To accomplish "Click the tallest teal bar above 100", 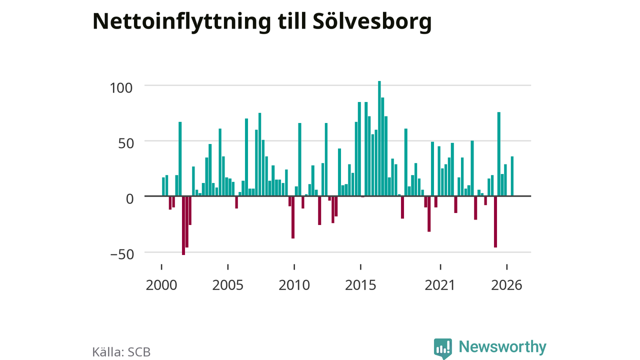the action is pyautogui.click(x=379, y=138).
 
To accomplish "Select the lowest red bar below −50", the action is pyautogui.click(x=183, y=225).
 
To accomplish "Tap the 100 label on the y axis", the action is pyautogui.click(x=121, y=88).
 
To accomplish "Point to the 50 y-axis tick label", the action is pyautogui.click(x=125, y=143).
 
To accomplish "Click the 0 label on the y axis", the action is pyautogui.click(x=129, y=199).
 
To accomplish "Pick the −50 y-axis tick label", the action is pyautogui.click(x=122, y=254).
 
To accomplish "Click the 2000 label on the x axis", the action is pyautogui.click(x=161, y=285).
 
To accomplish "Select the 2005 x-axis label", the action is pyautogui.click(x=227, y=285).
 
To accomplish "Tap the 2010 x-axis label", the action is pyautogui.click(x=294, y=285).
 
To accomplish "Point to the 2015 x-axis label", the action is pyautogui.click(x=360, y=285).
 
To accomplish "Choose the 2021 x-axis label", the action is pyautogui.click(x=440, y=285).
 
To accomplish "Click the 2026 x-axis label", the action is pyautogui.click(x=506, y=285).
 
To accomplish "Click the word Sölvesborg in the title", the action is pyautogui.click(x=372, y=21).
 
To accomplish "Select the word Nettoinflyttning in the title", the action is pyautogui.click(x=181, y=21).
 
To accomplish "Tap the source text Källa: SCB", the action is pyautogui.click(x=121, y=351).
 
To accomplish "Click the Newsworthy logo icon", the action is pyautogui.click(x=443, y=348).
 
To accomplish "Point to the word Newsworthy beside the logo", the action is pyautogui.click(x=502, y=346).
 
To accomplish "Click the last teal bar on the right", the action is pyautogui.click(x=512, y=176).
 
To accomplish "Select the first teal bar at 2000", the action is pyautogui.click(x=163, y=187).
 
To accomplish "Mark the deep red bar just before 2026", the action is pyautogui.click(x=495, y=221).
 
